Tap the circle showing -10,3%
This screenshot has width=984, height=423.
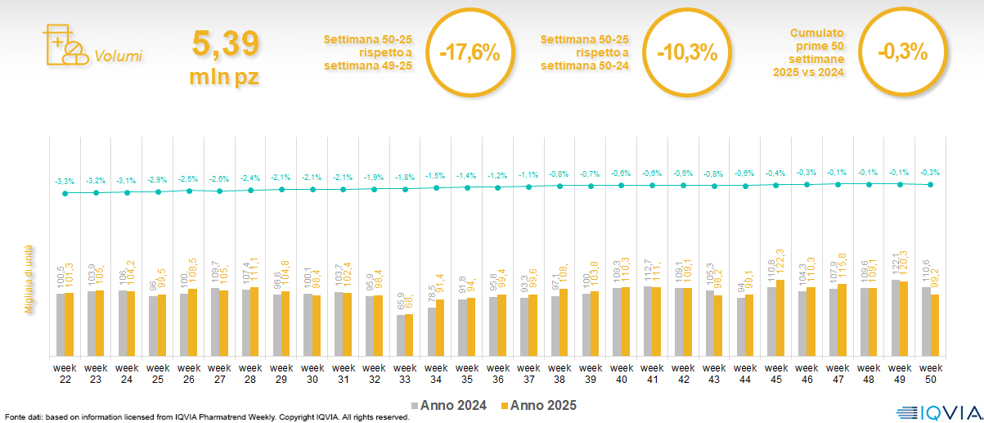coord(687,52)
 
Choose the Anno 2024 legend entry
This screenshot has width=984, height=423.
coord(449,406)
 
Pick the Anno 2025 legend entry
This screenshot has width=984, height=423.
coord(541,406)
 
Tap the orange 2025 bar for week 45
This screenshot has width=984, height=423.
coord(780,317)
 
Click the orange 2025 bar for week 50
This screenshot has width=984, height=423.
coord(935,325)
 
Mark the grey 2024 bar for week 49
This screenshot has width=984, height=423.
coord(895,317)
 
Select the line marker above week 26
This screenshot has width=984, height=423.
coord(189,191)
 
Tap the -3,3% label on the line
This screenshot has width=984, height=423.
coord(65,181)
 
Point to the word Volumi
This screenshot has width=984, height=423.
coord(118,56)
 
